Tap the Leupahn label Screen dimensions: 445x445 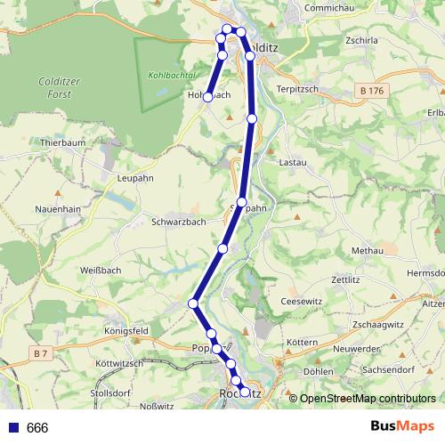[136, 177]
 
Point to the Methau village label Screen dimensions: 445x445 [367, 252]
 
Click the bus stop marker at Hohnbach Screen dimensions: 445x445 [207, 97]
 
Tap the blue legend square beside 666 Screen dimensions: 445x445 [12, 428]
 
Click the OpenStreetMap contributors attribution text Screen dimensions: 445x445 [368, 399]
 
